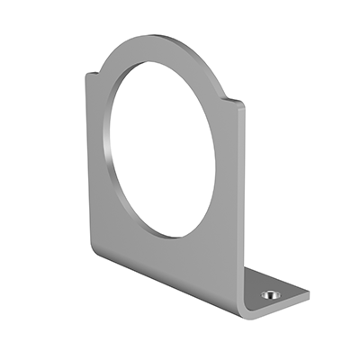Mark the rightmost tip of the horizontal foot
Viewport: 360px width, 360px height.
[x=309, y=293]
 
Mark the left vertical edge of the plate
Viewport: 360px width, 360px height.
[x=87, y=162]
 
